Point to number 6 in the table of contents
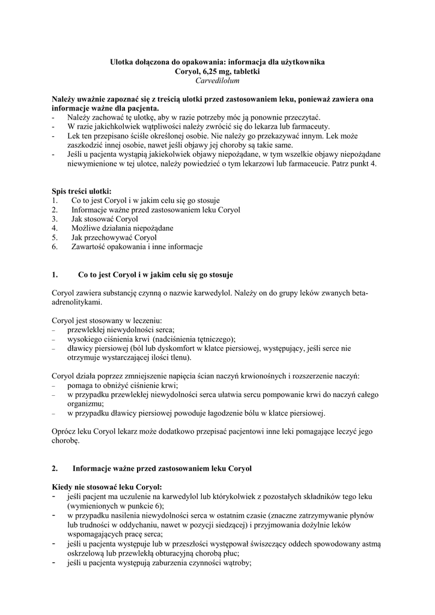click(x=55, y=246)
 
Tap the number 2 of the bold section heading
click(x=55, y=468)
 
